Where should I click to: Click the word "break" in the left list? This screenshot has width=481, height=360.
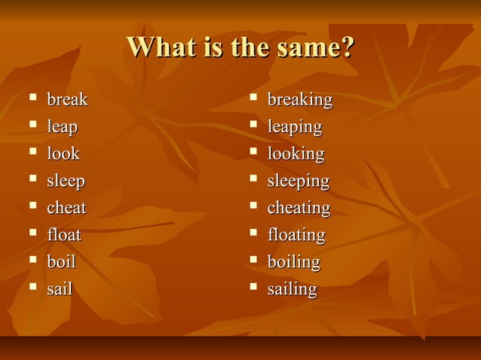[x=67, y=99]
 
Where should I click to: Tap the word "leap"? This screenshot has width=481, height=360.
[x=62, y=127]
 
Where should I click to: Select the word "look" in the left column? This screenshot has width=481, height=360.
[x=63, y=154]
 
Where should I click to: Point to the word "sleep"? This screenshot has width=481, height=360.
[x=66, y=182]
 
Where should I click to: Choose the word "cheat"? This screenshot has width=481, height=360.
[x=66, y=208]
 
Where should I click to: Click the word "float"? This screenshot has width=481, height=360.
[x=64, y=235]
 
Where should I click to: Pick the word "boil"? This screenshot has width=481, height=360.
[x=61, y=262]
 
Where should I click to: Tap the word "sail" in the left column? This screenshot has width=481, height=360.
[x=60, y=289]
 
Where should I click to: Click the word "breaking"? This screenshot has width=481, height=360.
[x=300, y=100]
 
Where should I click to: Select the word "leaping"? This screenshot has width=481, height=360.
[x=295, y=127]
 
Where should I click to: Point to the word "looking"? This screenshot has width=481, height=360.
[x=296, y=154]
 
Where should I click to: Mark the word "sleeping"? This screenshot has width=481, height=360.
[x=299, y=182]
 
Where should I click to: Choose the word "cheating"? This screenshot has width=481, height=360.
[x=299, y=208]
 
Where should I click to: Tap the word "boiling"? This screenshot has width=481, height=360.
[x=294, y=262]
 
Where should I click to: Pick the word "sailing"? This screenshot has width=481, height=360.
[x=293, y=289]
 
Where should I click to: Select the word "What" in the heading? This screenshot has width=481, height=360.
[x=157, y=47]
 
